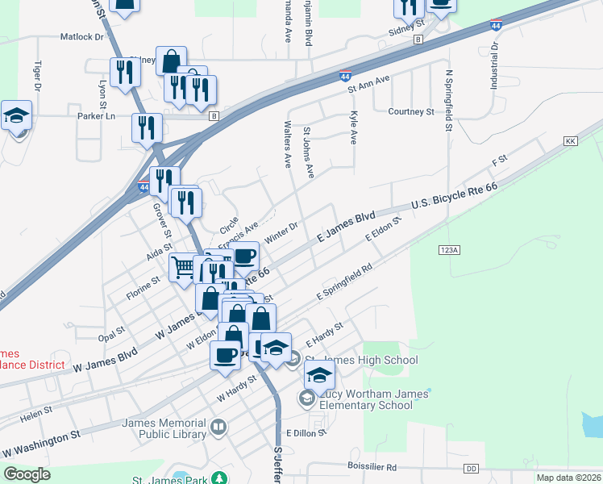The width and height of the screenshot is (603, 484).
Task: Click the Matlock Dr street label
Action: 83,37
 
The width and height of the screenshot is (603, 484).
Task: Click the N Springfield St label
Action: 448,102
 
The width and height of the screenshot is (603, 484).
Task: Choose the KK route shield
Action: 572,141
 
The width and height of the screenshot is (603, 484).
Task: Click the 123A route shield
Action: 450,251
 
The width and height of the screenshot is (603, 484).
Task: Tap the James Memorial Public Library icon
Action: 218,426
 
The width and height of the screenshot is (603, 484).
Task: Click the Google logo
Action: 27,474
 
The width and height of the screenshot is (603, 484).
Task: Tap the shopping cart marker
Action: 182,266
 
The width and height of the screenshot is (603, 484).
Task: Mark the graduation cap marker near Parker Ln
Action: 16,118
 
